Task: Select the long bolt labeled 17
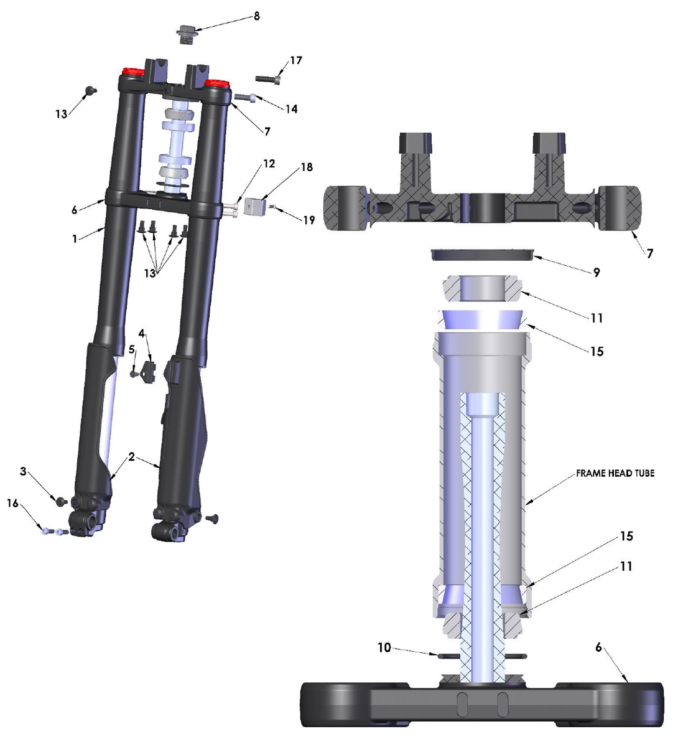pos(268,78)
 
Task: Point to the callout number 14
pos(291,109)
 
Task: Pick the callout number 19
pos(309,220)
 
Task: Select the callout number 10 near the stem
pos(384,648)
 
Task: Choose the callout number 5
pos(132,350)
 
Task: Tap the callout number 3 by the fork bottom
pos(23,472)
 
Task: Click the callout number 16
pos(13,503)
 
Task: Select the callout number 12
pos(269,164)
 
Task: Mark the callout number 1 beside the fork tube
pos(75,238)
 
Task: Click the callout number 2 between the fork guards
pos(132,457)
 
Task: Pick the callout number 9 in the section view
pos(596,273)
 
